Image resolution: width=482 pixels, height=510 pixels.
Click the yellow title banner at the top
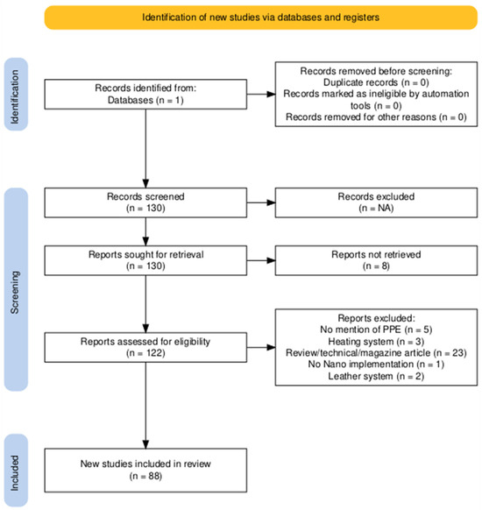pyautogui.click(x=261, y=18)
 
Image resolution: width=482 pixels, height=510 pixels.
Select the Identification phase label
pyautogui.click(x=16, y=95)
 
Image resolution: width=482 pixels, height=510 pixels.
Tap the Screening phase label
pyautogui.click(x=16, y=289)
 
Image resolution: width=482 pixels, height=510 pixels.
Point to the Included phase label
pyautogui.click(x=16, y=471)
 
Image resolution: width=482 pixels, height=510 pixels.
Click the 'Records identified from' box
pyautogui.click(x=145, y=95)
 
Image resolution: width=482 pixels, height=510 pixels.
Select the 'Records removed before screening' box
pyautogui.click(x=376, y=94)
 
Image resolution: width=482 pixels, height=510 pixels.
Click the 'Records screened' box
pyautogui.click(x=145, y=202)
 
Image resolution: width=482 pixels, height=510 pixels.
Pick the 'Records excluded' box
pyautogui.click(x=376, y=202)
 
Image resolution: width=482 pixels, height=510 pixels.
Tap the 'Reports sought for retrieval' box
pyautogui.click(x=145, y=260)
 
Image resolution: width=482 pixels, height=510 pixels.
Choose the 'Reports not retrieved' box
pyautogui.click(x=376, y=260)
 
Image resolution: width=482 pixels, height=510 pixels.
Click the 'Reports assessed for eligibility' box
pyautogui.click(x=145, y=347)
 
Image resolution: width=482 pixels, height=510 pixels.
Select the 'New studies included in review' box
pyautogui.click(x=145, y=471)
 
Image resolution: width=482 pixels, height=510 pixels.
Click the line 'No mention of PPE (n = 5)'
pyautogui.click(x=376, y=329)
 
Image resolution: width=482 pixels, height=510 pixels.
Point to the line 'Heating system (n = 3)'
pyautogui.click(x=376, y=342)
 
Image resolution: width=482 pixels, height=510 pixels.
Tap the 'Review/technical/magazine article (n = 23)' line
pyautogui.click(x=376, y=353)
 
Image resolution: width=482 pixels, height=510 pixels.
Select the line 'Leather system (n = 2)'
pyautogui.click(x=376, y=377)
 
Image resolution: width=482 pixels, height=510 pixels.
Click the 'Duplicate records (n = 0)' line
pyautogui.click(x=376, y=82)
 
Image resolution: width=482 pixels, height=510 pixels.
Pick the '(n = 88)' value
pyautogui.click(x=145, y=477)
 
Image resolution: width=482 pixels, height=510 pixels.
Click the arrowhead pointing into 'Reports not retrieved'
pyautogui.click(x=271, y=260)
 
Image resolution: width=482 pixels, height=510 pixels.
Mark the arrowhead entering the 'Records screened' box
pyautogui.click(x=145, y=183)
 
